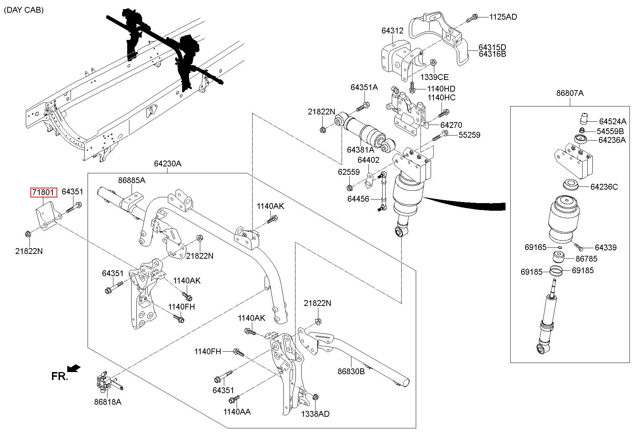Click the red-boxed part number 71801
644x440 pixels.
[x=43, y=192]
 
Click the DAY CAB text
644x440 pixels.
[x=24, y=10]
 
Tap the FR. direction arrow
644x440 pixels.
[x=74, y=368]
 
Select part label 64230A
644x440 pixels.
[x=168, y=164]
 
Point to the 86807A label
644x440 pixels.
[x=570, y=93]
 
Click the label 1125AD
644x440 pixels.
[x=503, y=17]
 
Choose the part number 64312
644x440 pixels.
[x=393, y=31]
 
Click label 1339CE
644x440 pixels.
[x=435, y=77]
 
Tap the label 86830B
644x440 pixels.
[x=351, y=371]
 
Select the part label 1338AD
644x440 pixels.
[x=315, y=414]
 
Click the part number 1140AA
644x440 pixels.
[x=237, y=412]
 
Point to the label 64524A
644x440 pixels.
[x=613, y=121]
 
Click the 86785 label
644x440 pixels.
[x=587, y=259]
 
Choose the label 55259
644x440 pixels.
[x=469, y=135]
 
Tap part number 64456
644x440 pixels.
[x=358, y=199]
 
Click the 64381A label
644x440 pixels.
[x=360, y=150]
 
